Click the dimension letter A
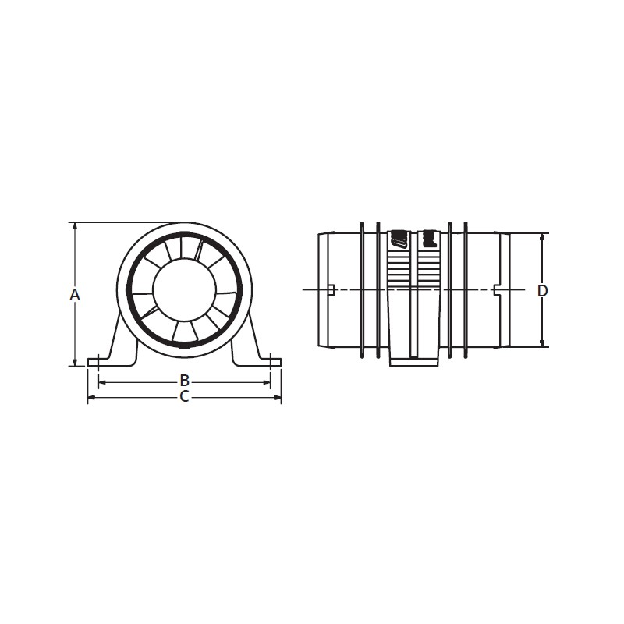(x=75, y=294)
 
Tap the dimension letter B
(x=184, y=381)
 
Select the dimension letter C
(x=184, y=397)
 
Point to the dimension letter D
(x=543, y=290)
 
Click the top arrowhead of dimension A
(x=75, y=226)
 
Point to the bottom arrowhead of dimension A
(x=75, y=362)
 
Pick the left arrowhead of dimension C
(x=90, y=398)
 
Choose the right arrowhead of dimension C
(x=278, y=398)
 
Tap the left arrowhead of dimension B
(x=101, y=382)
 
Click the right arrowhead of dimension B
(x=267, y=382)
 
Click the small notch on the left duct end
(x=331, y=290)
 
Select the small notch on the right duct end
(x=497, y=290)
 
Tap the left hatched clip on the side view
(x=399, y=239)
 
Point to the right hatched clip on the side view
(x=427, y=239)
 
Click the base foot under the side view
(x=413, y=360)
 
